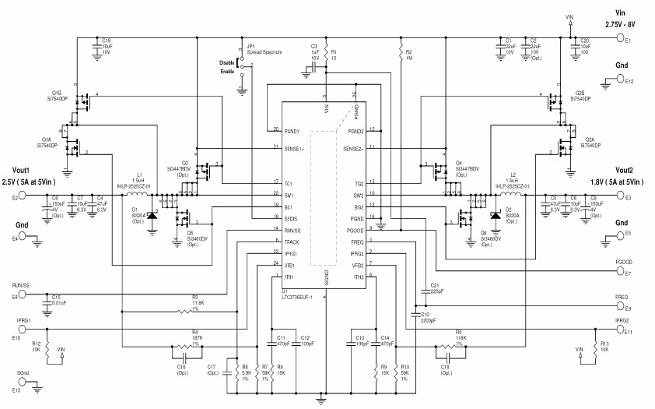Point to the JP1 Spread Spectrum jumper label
[x=262, y=49]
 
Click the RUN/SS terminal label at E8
[x=22, y=286]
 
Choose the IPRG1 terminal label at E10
[x=21, y=320]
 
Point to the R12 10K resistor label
[x=37, y=345]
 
